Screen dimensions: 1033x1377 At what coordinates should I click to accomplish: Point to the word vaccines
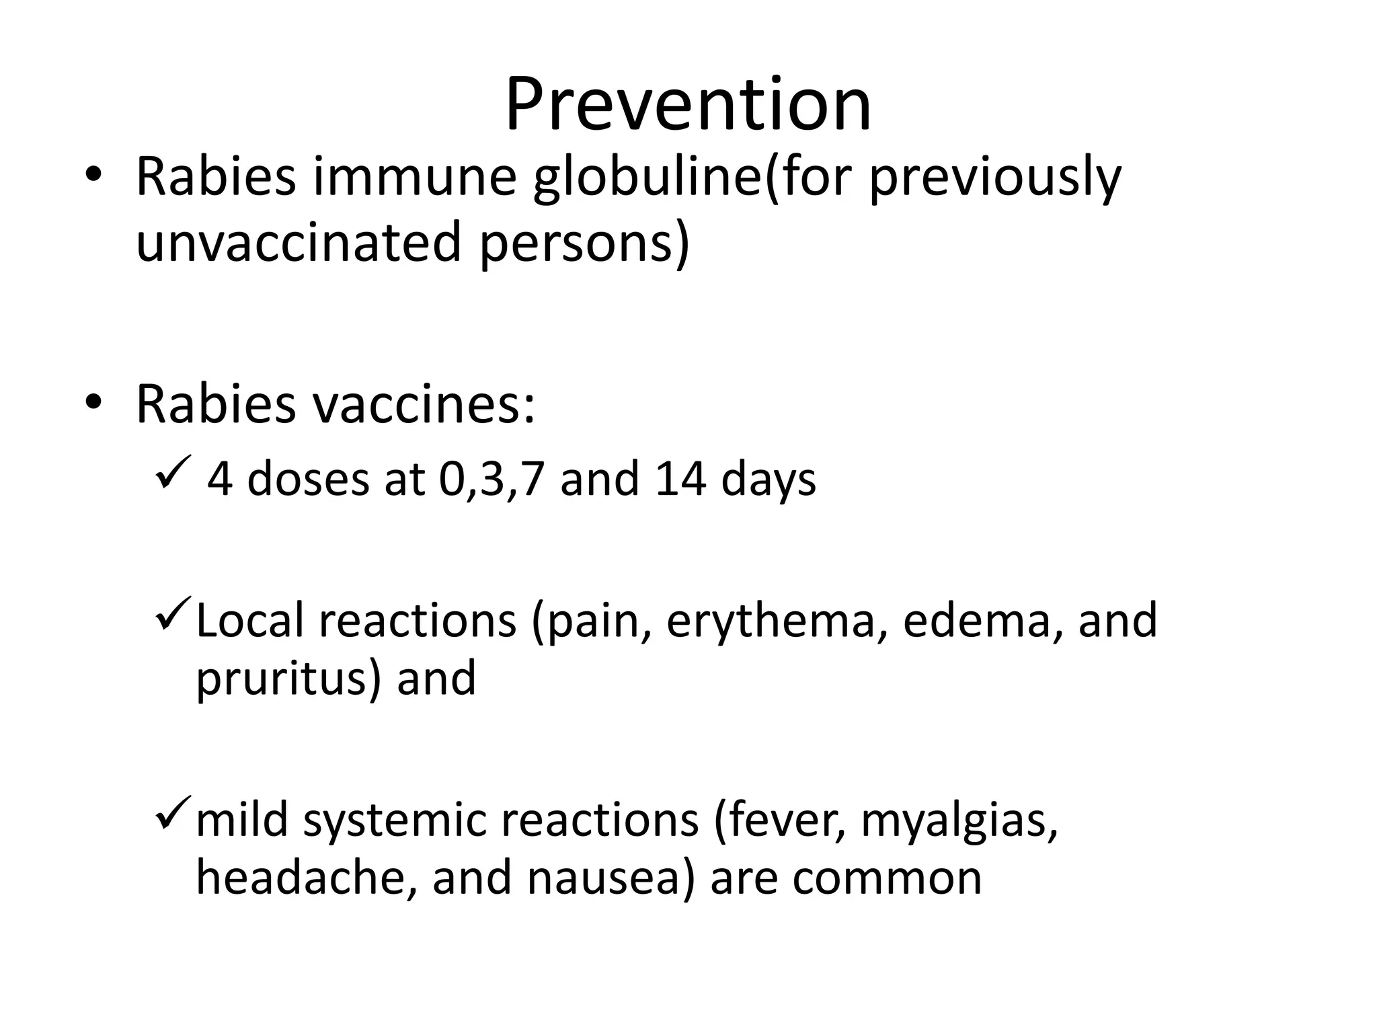coord(424,405)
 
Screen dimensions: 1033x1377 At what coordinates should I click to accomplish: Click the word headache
coord(306,878)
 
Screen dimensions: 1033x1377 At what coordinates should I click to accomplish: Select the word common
coord(887,878)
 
